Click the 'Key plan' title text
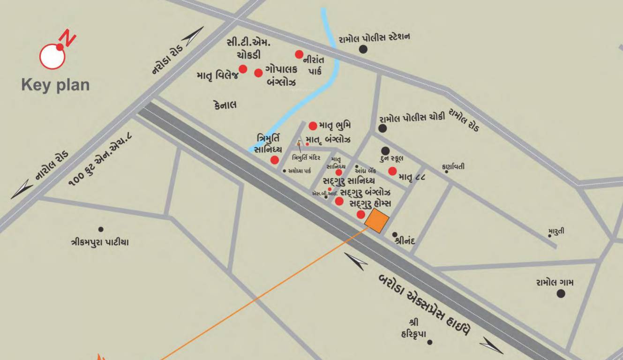[x=55, y=85]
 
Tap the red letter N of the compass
[x=68, y=38]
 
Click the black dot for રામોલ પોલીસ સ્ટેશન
[x=363, y=49]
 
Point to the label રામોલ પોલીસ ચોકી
[x=412, y=119]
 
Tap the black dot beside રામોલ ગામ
[x=561, y=294]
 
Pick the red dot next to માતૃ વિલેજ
[x=243, y=69]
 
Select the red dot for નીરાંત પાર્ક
[x=299, y=54]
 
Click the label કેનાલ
[x=223, y=105]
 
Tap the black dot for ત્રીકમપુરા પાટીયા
[x=100, y=229]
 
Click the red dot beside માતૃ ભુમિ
[x=313, y=126]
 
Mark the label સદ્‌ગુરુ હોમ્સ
[x=371, y=204]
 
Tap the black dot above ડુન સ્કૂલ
[x=385, y=150]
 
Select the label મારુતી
[x=556, y=231]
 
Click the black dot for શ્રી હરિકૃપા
[x=429, y=342]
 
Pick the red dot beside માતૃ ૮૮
[x=392, y=171]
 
